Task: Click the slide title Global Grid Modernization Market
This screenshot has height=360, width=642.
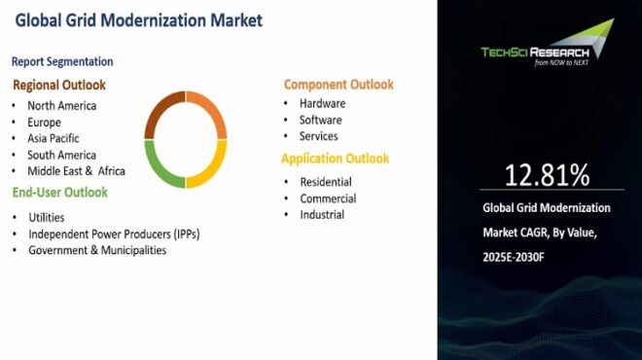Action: coord(137,19)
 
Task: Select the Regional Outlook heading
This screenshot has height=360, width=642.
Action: coord(58,85)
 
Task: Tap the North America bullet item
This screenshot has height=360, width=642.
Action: coord(61,105)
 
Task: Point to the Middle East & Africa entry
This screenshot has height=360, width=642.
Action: coord(76,171)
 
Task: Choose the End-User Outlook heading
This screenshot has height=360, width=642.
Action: coord(59,192)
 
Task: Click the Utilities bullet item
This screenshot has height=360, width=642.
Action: coord(47,217)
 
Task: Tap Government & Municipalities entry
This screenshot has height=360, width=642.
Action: coord(97,250)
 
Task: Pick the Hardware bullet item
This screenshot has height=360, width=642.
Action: coord(323,103)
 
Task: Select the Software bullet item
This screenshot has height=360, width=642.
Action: coord(320,120)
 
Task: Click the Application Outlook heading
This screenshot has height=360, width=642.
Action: coord(335,159)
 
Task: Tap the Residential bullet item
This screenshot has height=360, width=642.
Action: coord(326,182)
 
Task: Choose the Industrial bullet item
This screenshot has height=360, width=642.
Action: coord(322,215)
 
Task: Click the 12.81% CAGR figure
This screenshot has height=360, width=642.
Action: coord(546,176)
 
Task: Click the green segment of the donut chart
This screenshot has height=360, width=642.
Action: coord(160,165)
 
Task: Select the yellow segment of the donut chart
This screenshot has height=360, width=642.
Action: coord(210,165)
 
